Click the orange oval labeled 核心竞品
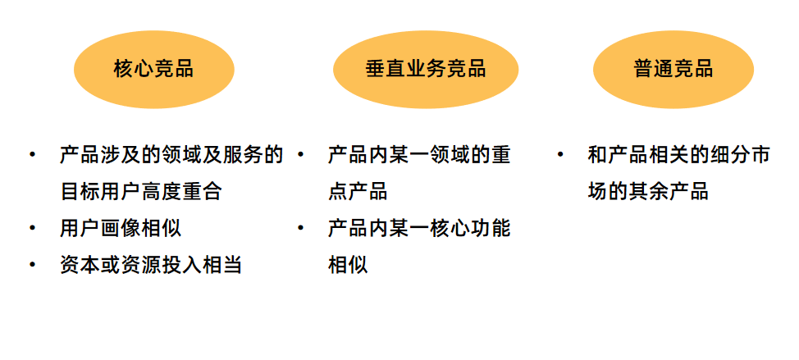154,69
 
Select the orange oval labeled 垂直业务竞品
426,69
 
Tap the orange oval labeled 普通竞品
673,69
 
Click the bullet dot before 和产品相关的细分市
560,154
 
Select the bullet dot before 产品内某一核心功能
301,227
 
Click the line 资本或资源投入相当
151,265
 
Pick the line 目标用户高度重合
140,192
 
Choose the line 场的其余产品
647,192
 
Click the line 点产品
358,192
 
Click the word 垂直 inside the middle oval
386,69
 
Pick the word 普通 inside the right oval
653,69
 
